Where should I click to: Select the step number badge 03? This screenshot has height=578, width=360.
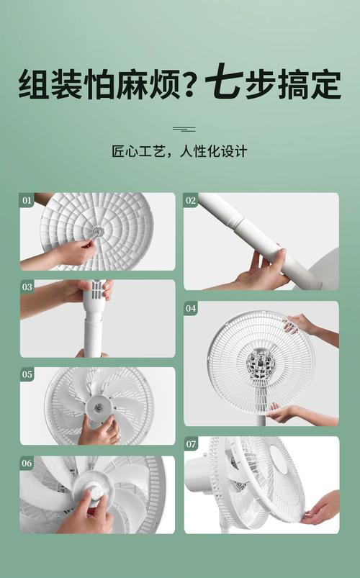point(27,287)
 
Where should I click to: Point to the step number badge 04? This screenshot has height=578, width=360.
point(191,309)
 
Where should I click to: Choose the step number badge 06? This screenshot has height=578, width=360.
point(27,464)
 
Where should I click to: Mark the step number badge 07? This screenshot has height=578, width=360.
point(191,444)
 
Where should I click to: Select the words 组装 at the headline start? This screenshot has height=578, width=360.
point(48,85)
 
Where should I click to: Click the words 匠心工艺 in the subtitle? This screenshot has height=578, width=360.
point(135,152)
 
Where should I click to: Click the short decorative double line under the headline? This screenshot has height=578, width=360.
point(184,129)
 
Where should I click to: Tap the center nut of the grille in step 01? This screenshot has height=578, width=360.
point(97,232)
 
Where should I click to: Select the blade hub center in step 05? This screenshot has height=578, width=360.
point(96,406)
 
